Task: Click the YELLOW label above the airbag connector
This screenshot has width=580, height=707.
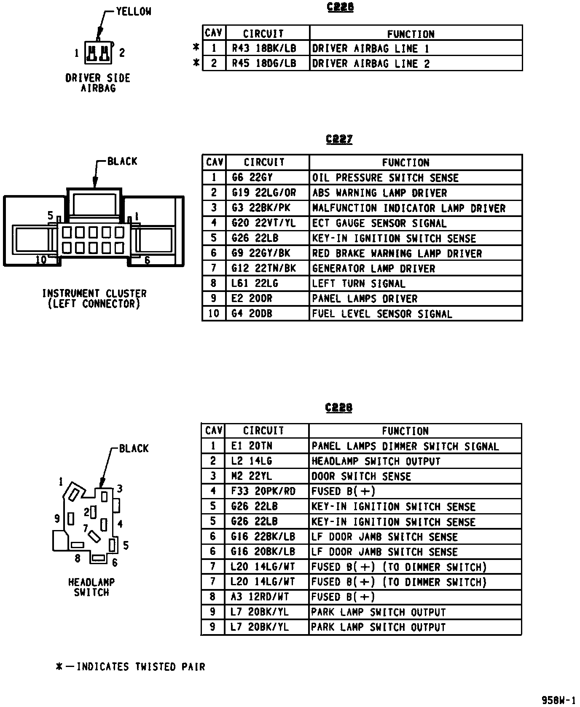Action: [x=133, y=12]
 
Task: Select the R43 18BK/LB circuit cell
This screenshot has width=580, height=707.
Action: [x=264, y=48]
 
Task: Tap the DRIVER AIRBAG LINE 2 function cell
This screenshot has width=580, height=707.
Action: [x=371, y=64]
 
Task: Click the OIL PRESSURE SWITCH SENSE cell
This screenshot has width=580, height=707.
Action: [x=385, y=177]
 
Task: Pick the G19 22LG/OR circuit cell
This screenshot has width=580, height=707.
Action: [x=264, y=193]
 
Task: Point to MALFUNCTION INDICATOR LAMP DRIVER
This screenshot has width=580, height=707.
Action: [x=408, y=208]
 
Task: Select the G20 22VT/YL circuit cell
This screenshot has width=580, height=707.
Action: [x=264, y=223]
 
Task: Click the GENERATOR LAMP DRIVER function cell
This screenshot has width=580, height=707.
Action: [x=373, y=268]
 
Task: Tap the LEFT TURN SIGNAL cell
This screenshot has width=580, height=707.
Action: [x=359, y=284]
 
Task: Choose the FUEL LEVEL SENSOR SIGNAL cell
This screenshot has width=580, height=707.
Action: [x=382, y=314]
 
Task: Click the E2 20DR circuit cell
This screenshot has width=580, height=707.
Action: [x=252, y=299]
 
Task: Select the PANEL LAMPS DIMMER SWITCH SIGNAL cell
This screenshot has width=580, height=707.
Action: [x=405, y=446]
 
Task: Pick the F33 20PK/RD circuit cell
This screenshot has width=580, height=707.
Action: [x=263, y=491]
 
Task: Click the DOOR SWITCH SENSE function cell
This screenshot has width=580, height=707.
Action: [x=361, y=477]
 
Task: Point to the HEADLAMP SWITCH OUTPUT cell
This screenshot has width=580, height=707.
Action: [x=376, y=461]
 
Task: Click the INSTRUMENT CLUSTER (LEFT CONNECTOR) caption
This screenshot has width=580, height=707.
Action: [x=94, y=298]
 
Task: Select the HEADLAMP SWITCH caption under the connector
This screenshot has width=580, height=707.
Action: [x=91, y=587]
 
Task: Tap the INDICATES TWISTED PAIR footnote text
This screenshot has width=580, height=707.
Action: [x=141, y=667]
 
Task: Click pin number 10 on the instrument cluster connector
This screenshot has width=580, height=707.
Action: [x=41, y=260]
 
